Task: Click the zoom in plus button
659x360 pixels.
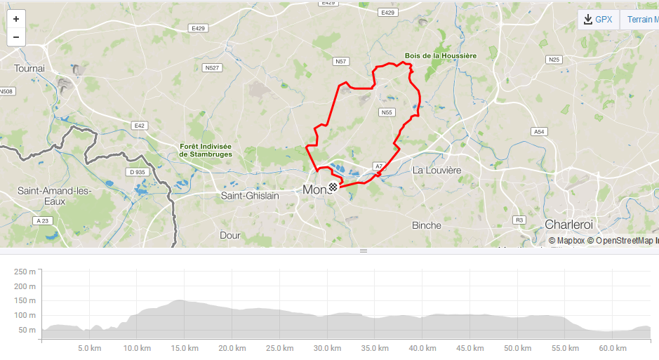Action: (x=16, y=19)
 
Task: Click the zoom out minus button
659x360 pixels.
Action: (x=16, y=37)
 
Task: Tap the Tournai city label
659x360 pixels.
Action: (x=29, y=69)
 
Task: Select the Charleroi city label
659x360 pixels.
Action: (x=568, y=225)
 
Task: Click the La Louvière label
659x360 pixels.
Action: (x=437, y=171)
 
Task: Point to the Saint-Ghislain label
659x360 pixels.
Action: (x=250, y=196)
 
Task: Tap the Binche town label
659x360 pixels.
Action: (x=427, y=225)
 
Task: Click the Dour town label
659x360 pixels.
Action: (x=230, y=236)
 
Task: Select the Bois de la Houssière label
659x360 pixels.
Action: (x=441, y=55)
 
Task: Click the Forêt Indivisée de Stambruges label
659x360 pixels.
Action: (x=206, y=150)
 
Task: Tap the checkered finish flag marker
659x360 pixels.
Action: (x=333, y=187)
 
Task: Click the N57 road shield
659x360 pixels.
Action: (x=341, y=62)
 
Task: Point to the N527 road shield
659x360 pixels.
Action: (x=211, y=68)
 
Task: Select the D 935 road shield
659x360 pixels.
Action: (x=137, y=172)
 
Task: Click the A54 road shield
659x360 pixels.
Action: (x=539, y=132)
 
